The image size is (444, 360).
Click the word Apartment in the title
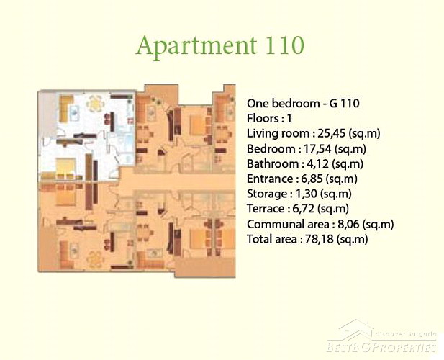[196, 47]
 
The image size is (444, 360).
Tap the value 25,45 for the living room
[331, 133]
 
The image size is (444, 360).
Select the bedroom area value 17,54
[317, 149]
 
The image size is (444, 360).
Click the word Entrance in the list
[270, 179]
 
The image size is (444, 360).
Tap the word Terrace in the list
[266, 209]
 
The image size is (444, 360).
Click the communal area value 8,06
[348, 224]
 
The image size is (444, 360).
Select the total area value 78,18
[319, 239]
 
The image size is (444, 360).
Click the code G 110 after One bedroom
[344, 104]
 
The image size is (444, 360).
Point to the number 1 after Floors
[289, 118]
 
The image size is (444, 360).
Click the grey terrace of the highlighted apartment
[47, 114]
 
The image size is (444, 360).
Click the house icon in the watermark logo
[356, 329]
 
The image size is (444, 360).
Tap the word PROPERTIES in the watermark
[402, 347]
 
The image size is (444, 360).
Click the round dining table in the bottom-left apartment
[94, 259]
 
